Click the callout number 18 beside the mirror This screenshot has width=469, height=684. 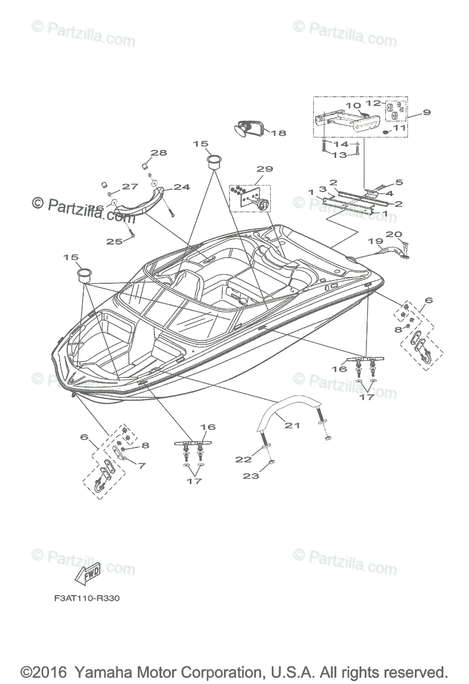pyautogui.click(x=278, y=133)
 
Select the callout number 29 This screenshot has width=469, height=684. pyautogui.click(x=265, y=169)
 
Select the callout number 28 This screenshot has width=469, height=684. pyautogui.click(x=159, y=153)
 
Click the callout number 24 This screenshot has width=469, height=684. pyautogui.click(x=182, y=186)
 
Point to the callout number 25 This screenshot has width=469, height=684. pyautogui.click(x=114, y=242)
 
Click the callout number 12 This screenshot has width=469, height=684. pyautogui.click(x=389, y=103)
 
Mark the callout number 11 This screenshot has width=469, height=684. pyautogui.click(x=399, y=128)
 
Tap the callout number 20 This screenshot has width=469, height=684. pyautogui.click(x=394, y=234)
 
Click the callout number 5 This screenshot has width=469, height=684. pyautogui.click(x=399, y=182)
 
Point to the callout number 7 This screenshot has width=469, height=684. pyautogui.click(x=141, y=465)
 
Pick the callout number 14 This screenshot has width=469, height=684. pyautogui.click(x=341, y=144)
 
